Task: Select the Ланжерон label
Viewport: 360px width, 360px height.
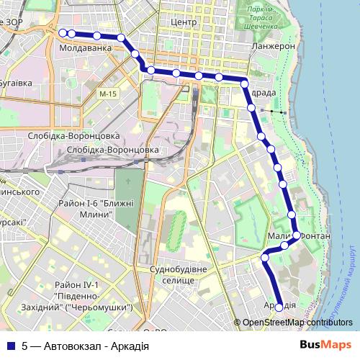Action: (274, 45)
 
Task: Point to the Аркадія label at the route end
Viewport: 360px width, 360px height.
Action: (280, 305)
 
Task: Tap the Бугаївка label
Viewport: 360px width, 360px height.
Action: (16, 83)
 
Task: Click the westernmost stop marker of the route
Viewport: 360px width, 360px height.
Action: (63, 32)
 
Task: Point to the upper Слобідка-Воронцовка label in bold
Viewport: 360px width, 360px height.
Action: (73, 135)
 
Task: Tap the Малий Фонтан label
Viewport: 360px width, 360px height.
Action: (298, 236)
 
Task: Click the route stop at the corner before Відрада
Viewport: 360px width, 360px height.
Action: (244, 80)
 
